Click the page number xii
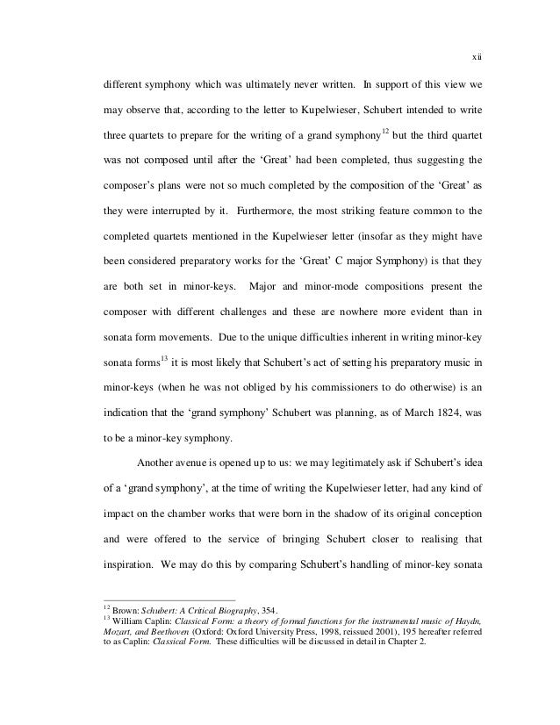[478, 59]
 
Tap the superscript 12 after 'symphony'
[385, 133]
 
